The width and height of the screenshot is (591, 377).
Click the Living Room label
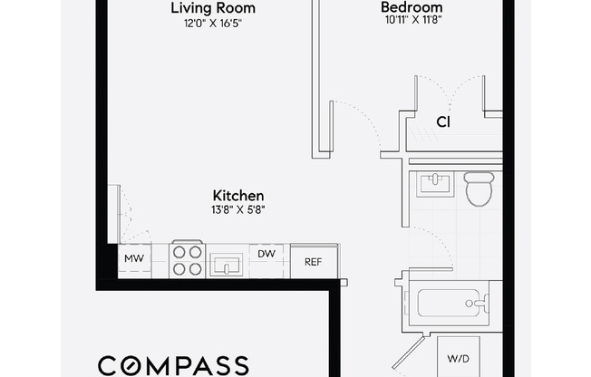click(213, 8)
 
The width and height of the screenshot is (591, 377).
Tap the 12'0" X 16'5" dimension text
click(213, 24)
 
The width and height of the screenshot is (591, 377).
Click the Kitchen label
click(237, 195)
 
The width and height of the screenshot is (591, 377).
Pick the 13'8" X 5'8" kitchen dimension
click(237, 210)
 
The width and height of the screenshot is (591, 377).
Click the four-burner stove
click(188, 261)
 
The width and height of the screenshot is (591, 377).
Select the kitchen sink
click(226, 265)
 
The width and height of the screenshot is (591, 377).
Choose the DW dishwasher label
click(267, 255)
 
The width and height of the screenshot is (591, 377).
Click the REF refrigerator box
click(313, 261)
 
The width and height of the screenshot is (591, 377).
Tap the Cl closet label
click(443, 121)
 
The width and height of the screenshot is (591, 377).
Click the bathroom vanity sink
click(437, 184)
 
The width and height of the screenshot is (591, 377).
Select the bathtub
click(449, 300)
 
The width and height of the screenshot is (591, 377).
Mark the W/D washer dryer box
click(457, 358)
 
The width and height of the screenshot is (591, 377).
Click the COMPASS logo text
click(172, 365)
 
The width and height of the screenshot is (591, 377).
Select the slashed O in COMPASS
click(135, 366)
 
